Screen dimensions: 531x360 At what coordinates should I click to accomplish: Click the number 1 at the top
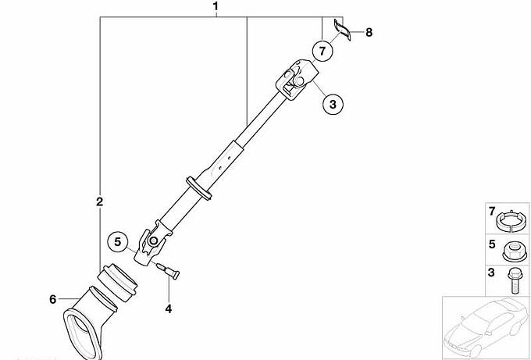click(216, 6)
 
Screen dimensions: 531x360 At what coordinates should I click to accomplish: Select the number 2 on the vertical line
click(99, 202)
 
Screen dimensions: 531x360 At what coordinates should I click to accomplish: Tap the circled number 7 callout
click(322, 51)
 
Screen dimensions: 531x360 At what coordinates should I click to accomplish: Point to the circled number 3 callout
click(333, 105)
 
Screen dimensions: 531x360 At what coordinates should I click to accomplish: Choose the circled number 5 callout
click(117, 242)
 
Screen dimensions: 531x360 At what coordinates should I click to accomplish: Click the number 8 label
click(369, 33)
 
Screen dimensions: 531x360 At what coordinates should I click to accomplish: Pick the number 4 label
click(169, 308)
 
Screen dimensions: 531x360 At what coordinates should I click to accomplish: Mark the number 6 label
click(52, 299)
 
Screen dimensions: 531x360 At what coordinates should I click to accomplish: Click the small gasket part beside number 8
click(343, 30)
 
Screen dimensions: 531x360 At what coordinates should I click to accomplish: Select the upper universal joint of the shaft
click(298, 78)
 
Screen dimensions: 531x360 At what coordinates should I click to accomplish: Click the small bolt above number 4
click(169, 271)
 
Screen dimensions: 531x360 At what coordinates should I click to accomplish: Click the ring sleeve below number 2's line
click(117, 283)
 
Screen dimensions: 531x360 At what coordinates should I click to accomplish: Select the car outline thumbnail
click(486, 328)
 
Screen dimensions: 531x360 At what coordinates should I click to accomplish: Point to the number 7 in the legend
click(492, 212)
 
